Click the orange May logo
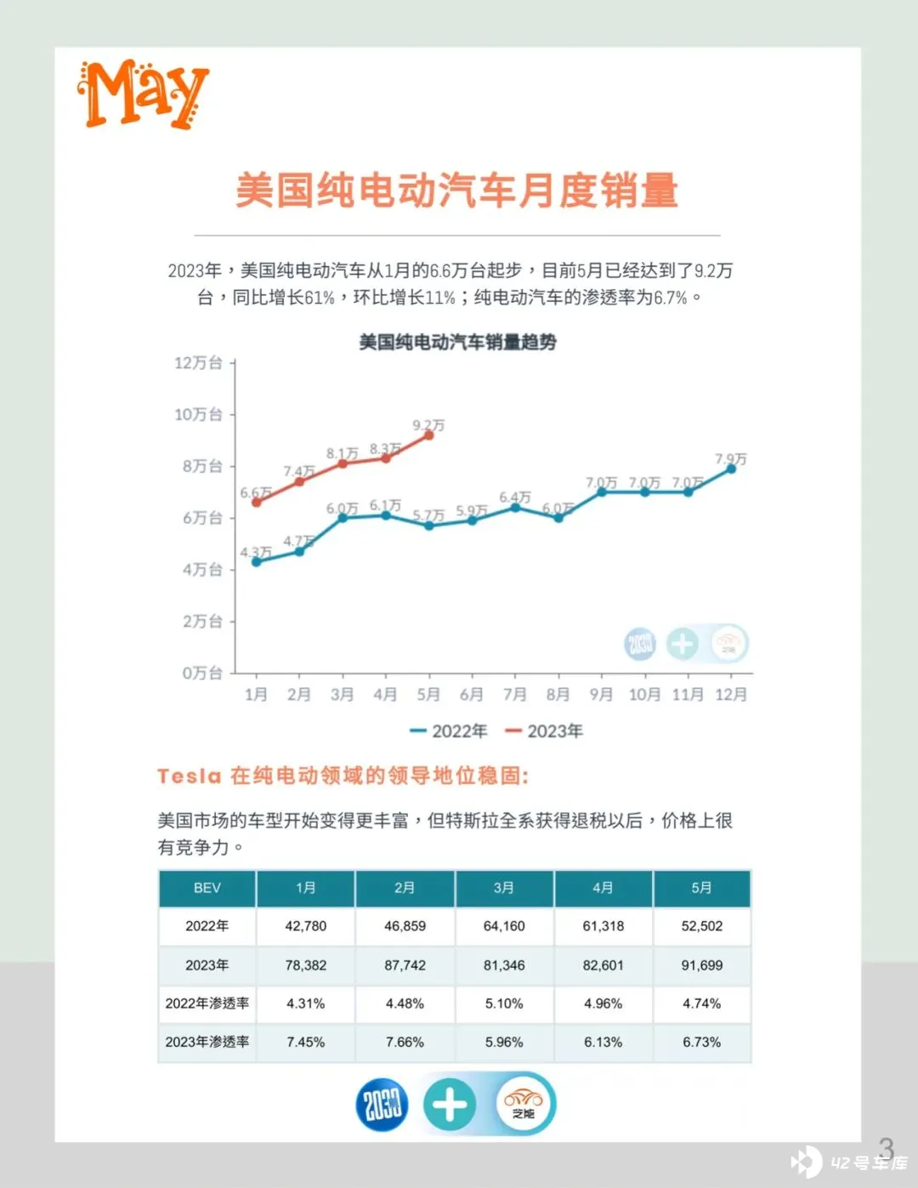pyautogui.click(x=142, y=94)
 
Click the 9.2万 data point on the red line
pyautogui.click(x=428, y=435)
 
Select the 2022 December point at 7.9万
pyautogui.click(x=731, y=469)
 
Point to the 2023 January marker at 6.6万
pyautogui.click(x=257, y=503)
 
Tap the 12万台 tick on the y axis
pyautogui.click(x=199, y=363)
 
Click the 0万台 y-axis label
pyautogui.click(x=202, y=673)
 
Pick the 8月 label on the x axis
pyautogui.click(x=558, y=695)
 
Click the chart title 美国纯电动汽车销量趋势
pyautogui.click(x=457, y=343)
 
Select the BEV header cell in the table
pyautogui.click(x=207, y=888)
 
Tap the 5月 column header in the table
pyautogui.click(x=701, y=888)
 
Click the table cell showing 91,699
pyautogui.click(x=701, y=965)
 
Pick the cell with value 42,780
pyautogui.click(x=305, y=926)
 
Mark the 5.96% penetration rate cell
pyautogui.click(x=504, y=1042)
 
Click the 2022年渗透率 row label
pyautogui.click(x=207, y=1003)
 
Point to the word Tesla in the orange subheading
pyautogui.click(x=189, y=776)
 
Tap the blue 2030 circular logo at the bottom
pyautogui.click(x=382, y=1105)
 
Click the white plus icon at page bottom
pyautogui.click(x=450, y=1105)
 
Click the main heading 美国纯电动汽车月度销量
pyautogui.click(x=457, y=190)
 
